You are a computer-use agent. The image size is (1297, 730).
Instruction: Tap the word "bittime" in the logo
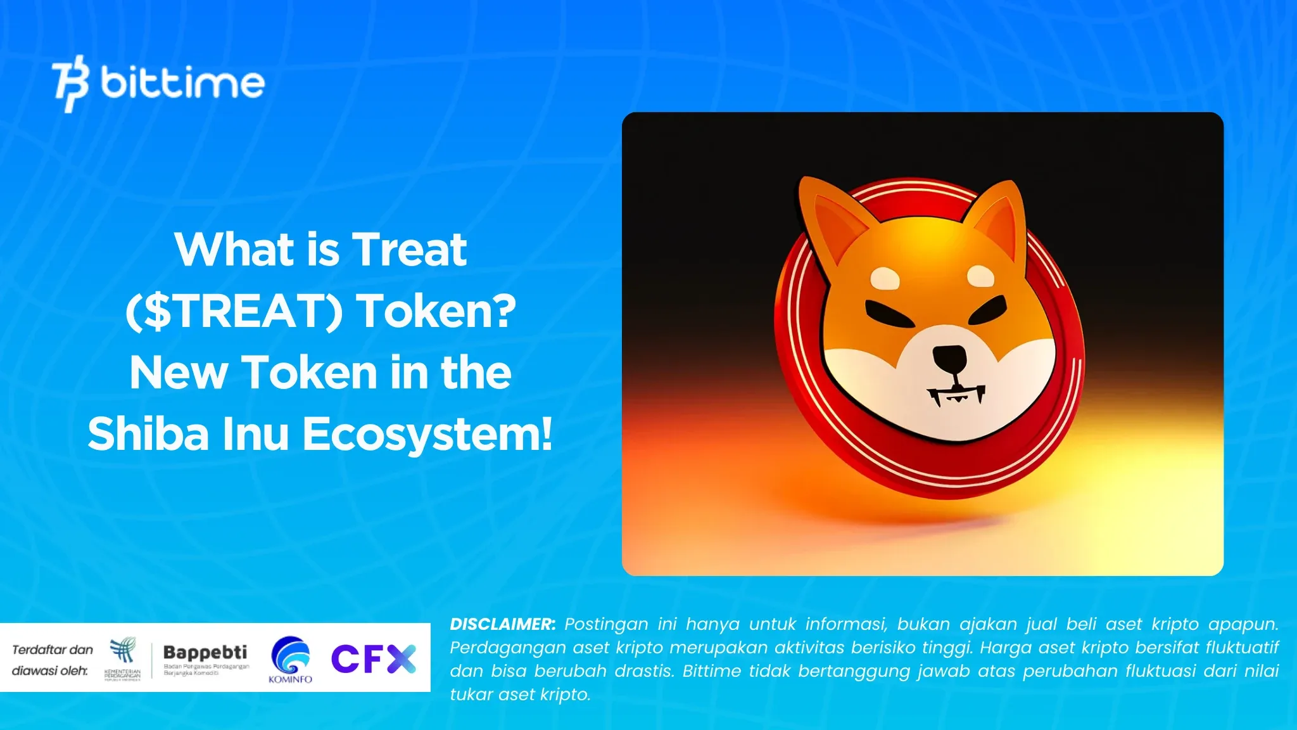[182, 84]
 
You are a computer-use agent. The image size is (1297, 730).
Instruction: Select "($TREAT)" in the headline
[234, 311]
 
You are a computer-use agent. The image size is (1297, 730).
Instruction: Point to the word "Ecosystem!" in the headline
[427, 434]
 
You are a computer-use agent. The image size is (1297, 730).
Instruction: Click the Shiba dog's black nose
[950, 359]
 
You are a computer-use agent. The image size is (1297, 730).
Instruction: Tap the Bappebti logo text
[205, 652]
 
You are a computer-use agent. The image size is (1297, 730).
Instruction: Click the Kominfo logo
[290, 659]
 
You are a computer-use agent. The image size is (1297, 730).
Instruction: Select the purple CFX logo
[373, 658]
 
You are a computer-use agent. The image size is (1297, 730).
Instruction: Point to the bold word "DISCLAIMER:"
[502, 624]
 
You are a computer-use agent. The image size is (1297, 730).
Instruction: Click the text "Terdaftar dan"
[53, 650]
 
